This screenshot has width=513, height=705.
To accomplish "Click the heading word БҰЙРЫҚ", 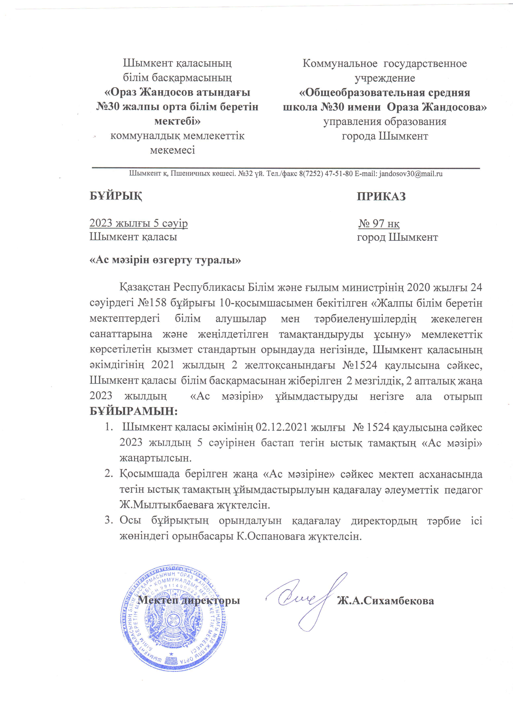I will pyautogui.click(x=116, y=197).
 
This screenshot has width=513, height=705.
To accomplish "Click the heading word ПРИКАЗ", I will pyautogui.click(x=381, y=197).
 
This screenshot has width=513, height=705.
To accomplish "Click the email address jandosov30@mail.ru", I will pyautogui.click(x=410, y=174).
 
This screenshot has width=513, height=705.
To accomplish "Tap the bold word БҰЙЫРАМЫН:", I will pyautogui.click(x=134, y=412).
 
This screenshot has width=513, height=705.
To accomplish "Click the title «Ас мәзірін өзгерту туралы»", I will pyautogui.click(x=165, y=260).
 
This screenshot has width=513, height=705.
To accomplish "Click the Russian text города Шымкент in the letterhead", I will pyautogui.click(x=385, y=136).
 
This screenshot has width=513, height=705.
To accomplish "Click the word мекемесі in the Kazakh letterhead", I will pyautogui.click(x=172, y=150).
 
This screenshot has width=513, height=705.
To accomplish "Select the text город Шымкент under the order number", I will pyautogui.click(x=397, y=238).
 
